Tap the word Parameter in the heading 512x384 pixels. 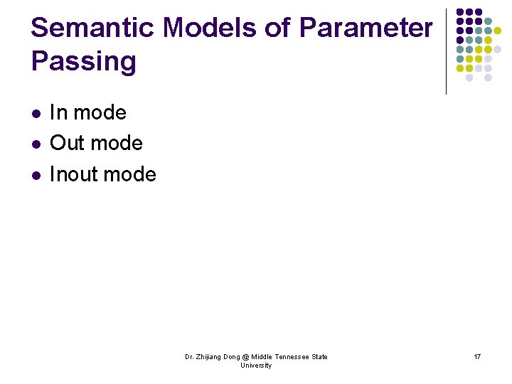[366, 28]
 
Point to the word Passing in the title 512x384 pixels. [83, 62]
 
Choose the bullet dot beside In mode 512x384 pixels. [35, 114]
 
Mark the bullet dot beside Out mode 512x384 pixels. [35, 144]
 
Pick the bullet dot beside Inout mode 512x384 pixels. [35, 175]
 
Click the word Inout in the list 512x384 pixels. [75, 174]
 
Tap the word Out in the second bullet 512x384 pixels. [68, 143]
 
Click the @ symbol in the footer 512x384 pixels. [245, 357]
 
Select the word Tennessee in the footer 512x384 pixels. [292, 357]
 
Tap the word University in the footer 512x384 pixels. [256, 366]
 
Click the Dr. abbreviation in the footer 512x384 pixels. [189, 357]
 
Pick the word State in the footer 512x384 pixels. [320, 357]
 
